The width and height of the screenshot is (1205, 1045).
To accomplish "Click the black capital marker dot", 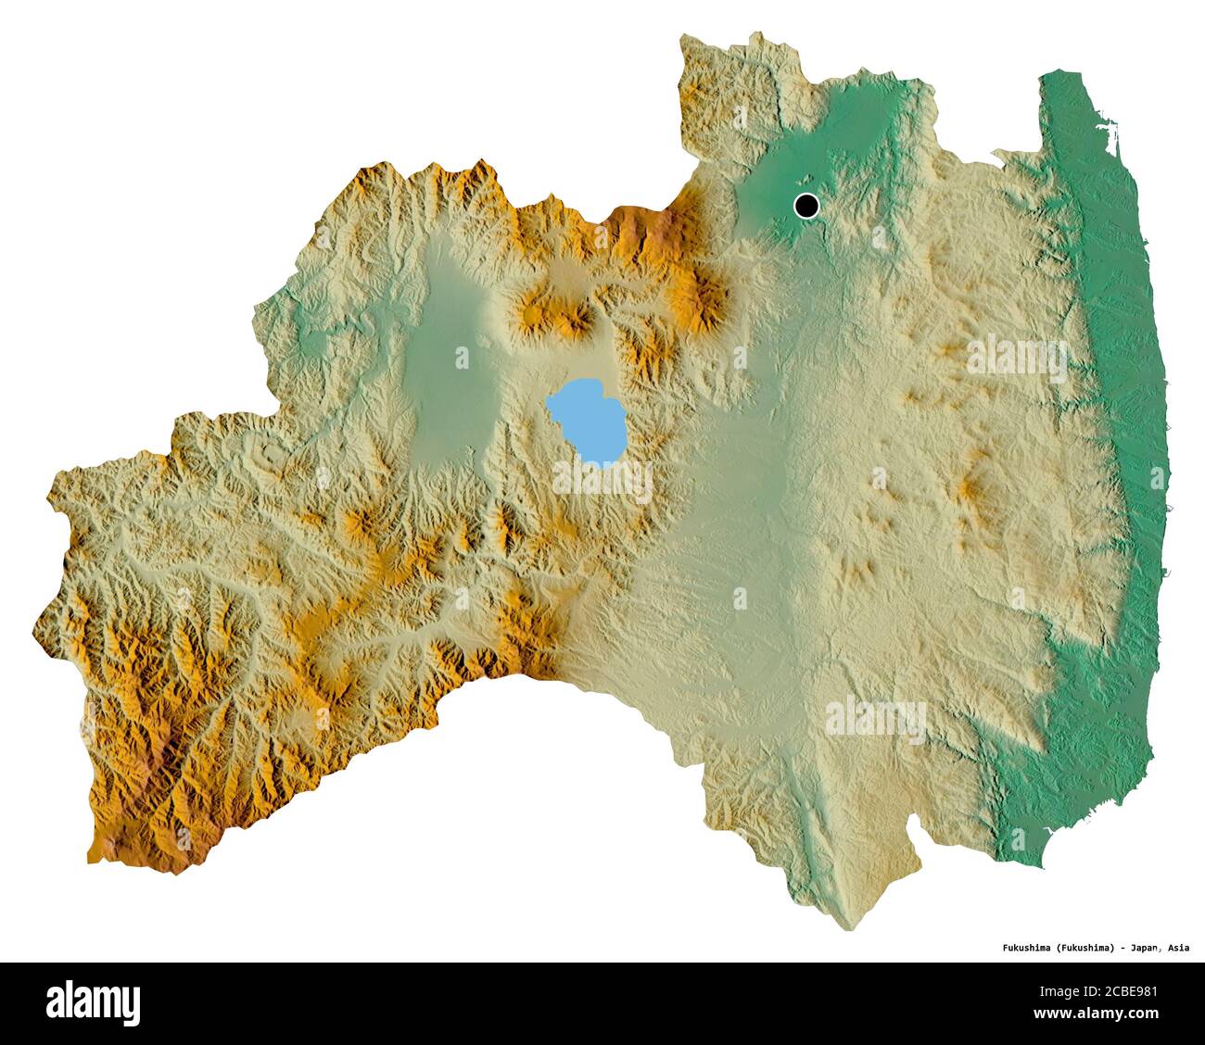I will coord(806,205).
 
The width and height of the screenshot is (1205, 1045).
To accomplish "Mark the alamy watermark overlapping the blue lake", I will coord(602,478).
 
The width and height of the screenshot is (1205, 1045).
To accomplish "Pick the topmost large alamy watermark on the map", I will coord(1018,356).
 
